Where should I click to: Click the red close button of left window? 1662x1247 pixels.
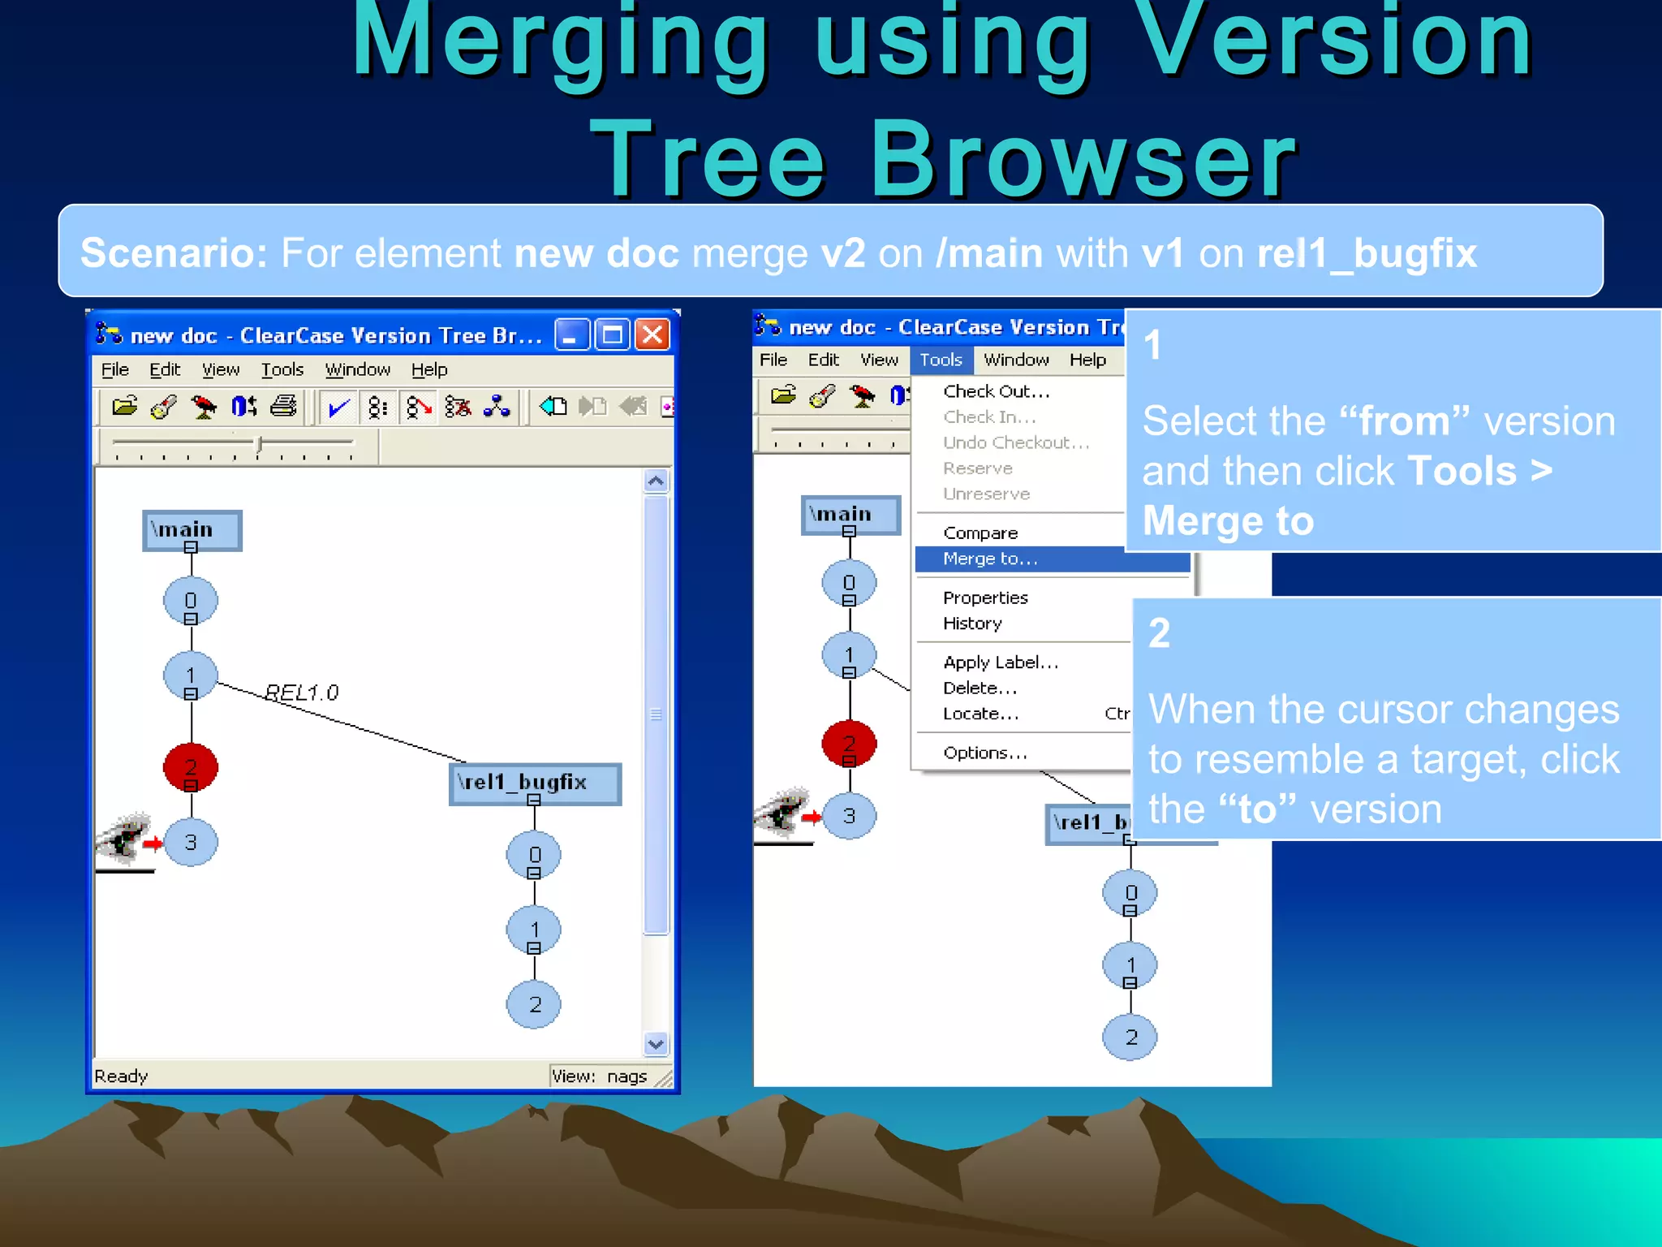[652, 334]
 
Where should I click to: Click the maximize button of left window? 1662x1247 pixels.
[612, 334]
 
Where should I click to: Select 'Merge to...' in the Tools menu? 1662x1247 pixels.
[990, 559]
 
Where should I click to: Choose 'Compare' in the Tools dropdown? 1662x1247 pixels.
[980, 533]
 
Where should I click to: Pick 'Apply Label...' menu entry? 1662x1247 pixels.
[1001, 662]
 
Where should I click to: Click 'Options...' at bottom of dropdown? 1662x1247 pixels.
[985, 753]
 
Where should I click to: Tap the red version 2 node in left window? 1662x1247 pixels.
[191, 766]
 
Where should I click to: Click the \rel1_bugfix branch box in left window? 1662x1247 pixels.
[534, 783]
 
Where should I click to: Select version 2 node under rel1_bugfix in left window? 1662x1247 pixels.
[534, 1004]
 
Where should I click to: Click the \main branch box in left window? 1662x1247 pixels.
[192, 530]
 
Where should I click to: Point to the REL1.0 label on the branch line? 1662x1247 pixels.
[302, 693]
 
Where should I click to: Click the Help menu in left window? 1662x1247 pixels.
[428, 370]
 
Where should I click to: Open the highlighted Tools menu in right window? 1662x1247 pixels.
[941, 360]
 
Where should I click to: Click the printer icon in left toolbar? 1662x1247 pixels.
[283, 406]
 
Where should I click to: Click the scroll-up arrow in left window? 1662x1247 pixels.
[656, 481]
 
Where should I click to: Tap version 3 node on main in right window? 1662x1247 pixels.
[849, 816]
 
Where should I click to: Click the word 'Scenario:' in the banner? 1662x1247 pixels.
[174, 252]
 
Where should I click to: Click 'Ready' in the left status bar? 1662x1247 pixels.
[121, 1077]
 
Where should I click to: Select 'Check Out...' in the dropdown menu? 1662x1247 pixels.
[997, 391]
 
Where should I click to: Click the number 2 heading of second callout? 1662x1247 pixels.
[1159, 633]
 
